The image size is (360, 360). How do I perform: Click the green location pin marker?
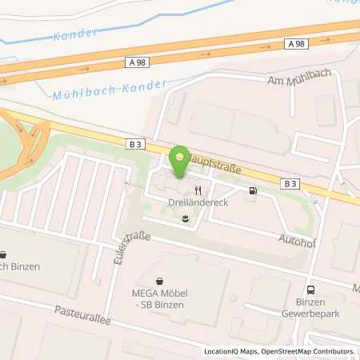click(181, 161)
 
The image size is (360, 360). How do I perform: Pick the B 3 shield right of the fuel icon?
click(288, 183)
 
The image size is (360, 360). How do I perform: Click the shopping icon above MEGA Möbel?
click(160, 281)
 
